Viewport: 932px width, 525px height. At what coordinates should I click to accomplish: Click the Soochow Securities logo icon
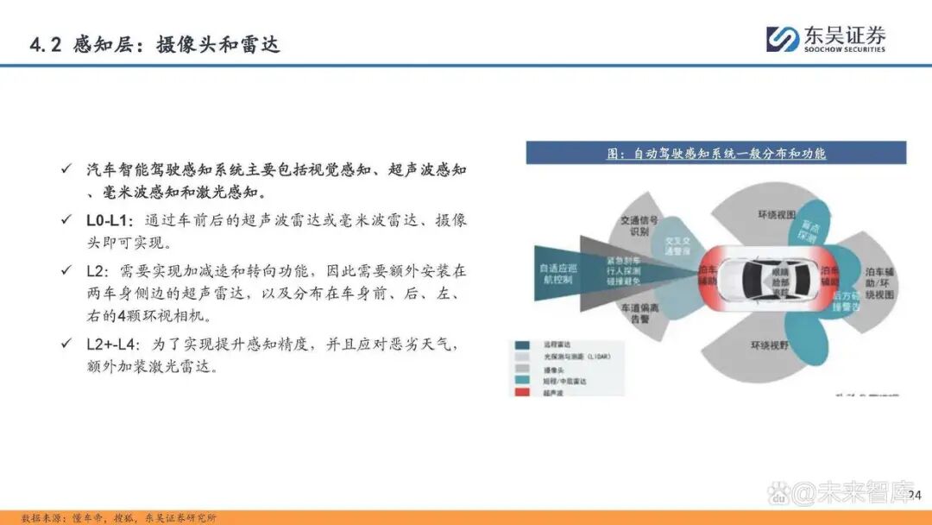point(783,39)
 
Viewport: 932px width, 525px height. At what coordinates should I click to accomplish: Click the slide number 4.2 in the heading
point(44,45)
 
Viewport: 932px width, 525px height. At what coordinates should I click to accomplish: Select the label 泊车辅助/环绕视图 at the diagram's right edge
point(879,283)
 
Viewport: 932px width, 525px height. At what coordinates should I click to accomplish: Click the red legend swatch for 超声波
point(523,393)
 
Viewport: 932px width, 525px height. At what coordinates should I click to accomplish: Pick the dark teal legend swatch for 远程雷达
point(523,343)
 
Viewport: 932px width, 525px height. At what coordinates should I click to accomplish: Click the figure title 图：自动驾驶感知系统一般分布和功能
point(716,154)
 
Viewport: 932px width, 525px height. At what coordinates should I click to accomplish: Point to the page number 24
point(915,495)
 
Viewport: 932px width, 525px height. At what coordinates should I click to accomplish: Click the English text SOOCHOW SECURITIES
point(845,49)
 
